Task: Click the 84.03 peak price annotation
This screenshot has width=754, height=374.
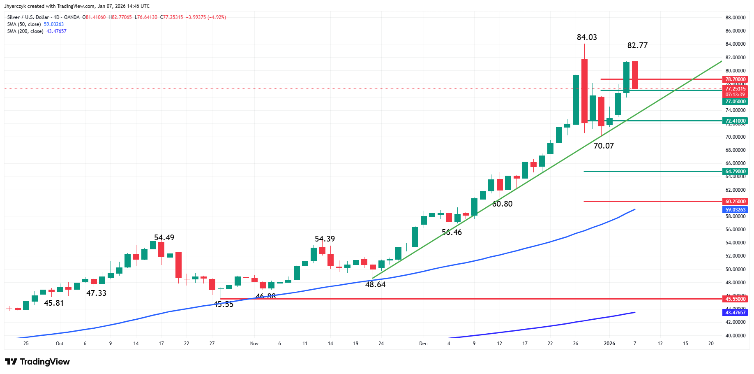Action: click(587, 37)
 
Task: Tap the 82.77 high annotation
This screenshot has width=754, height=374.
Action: click(637, 46)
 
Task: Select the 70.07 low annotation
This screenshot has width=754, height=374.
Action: click(604, 146)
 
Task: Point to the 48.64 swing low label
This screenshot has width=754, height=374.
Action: click(375, 285)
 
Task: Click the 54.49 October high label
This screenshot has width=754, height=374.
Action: click(164, 238)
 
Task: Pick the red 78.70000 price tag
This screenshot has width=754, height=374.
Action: click(735, 79)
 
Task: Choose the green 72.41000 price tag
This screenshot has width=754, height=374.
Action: click(735, 121)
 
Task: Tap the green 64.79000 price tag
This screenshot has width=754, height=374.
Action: click(735, 172)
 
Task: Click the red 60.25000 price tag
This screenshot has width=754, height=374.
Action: click(735, 202)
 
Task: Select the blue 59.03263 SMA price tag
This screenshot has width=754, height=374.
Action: click(735, 210)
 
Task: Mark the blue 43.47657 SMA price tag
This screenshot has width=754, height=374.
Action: click(735, 313)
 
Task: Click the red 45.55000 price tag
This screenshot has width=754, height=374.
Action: click(735, 299)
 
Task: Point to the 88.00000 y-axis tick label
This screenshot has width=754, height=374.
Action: click(735, 18)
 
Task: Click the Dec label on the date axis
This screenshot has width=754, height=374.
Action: click(423, 344)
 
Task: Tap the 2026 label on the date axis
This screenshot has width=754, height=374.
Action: click(609, 344)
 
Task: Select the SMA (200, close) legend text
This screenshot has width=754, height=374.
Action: click(25, 31)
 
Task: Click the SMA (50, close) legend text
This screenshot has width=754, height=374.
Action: click(24, 24)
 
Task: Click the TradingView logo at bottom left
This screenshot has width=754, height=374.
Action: click(37, 362)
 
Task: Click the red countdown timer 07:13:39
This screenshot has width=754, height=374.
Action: click(735, 95)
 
